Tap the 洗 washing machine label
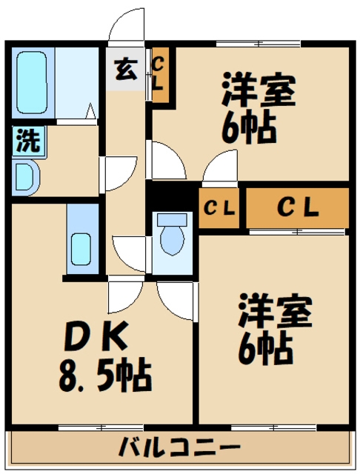pyautogui.click(x=27, y=141)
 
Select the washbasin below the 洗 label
pyautogui.click(x=25, y=178)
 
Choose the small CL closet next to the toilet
pyautogui.click(x=219, y=208)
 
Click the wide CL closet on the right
pyautogui.click(x=297, y=208)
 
